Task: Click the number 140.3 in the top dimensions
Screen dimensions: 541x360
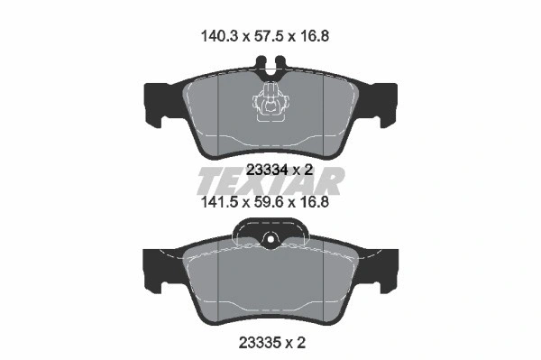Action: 219,36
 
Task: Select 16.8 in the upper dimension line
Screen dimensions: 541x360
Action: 314,36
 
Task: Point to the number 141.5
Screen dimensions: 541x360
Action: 219,201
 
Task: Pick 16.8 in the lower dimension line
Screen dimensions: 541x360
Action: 314,201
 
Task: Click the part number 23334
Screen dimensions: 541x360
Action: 268,170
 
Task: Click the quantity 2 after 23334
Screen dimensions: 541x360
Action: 308,170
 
